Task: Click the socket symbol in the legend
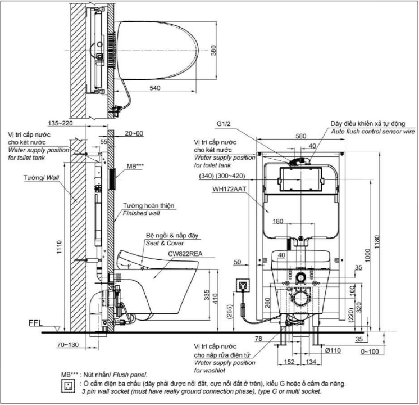69,385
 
